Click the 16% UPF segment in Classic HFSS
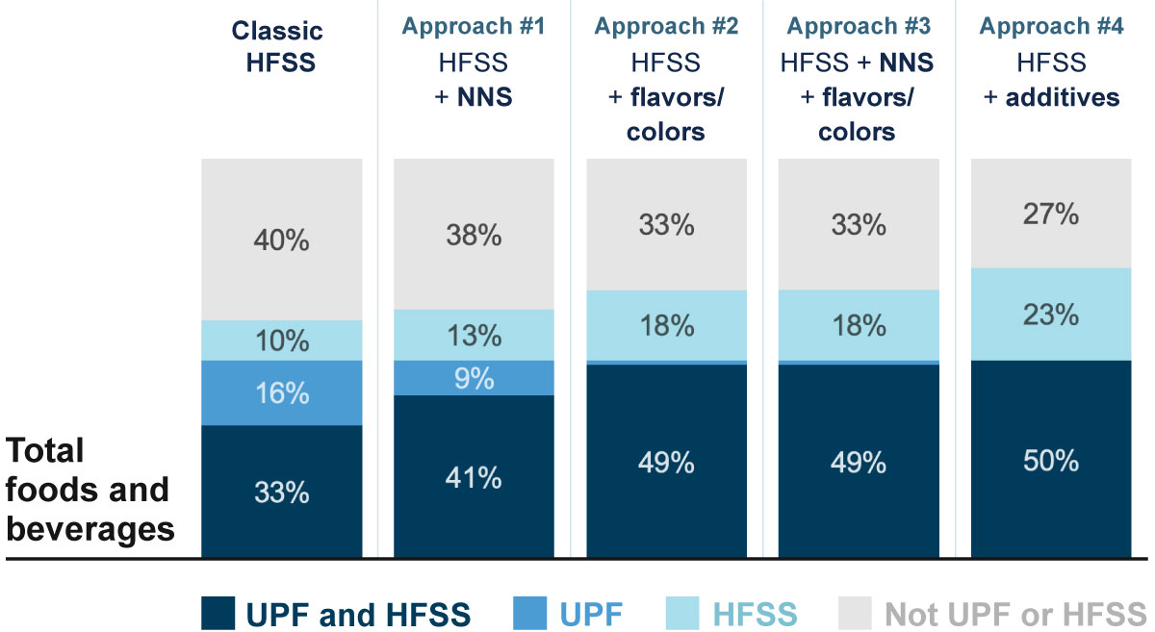282,392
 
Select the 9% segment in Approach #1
474,378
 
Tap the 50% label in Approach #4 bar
1050,460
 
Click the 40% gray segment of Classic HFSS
282,240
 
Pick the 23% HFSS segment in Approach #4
1050,315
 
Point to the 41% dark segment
474,475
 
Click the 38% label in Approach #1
474,235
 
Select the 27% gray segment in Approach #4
1050,214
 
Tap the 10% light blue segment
282,341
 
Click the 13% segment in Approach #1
474,335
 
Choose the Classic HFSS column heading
277,45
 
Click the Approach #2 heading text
666,26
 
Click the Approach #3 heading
858,26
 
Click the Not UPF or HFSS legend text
1014,613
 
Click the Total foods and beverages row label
90,490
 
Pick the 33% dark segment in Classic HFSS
282,492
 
